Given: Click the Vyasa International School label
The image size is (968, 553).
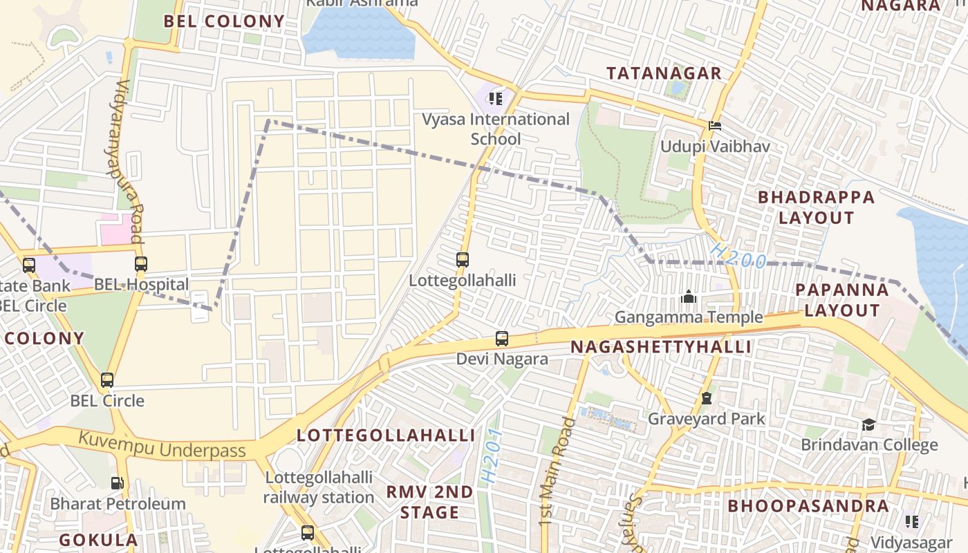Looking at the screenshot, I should tap(496, 129).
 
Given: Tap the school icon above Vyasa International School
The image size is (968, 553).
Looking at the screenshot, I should tap(495, 99).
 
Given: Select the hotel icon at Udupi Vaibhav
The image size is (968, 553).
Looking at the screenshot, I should tap(715, 126).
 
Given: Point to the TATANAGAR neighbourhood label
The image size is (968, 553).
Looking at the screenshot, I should tap(664, 73).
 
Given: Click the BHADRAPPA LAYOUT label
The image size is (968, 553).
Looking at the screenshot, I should tap(816, 207).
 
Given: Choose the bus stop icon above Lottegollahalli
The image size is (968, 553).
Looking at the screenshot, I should tap(463, 260).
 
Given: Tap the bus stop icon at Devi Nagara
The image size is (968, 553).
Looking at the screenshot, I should tap(502, 339).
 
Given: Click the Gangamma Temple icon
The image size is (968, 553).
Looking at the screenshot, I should tap(689, 297).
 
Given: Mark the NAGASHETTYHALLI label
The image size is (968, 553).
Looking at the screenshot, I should tap(662, 347).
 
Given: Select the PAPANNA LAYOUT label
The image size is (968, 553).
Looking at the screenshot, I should tap(841, 300).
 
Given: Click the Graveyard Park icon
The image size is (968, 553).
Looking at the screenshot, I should tap(706, 398).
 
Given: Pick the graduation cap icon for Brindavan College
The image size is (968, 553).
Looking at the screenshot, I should tap(868, 424).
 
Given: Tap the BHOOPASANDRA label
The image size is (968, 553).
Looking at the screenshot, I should tap(808, 505).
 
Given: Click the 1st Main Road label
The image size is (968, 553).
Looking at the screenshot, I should tap(557, 470).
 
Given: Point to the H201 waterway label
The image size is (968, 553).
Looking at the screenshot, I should tap(491, 456).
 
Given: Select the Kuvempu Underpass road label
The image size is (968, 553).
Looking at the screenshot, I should tap(162, 445).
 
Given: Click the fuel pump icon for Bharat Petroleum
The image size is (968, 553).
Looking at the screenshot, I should tap(118, 483).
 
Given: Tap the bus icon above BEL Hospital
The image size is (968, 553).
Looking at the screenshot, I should tap(141, 263).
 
